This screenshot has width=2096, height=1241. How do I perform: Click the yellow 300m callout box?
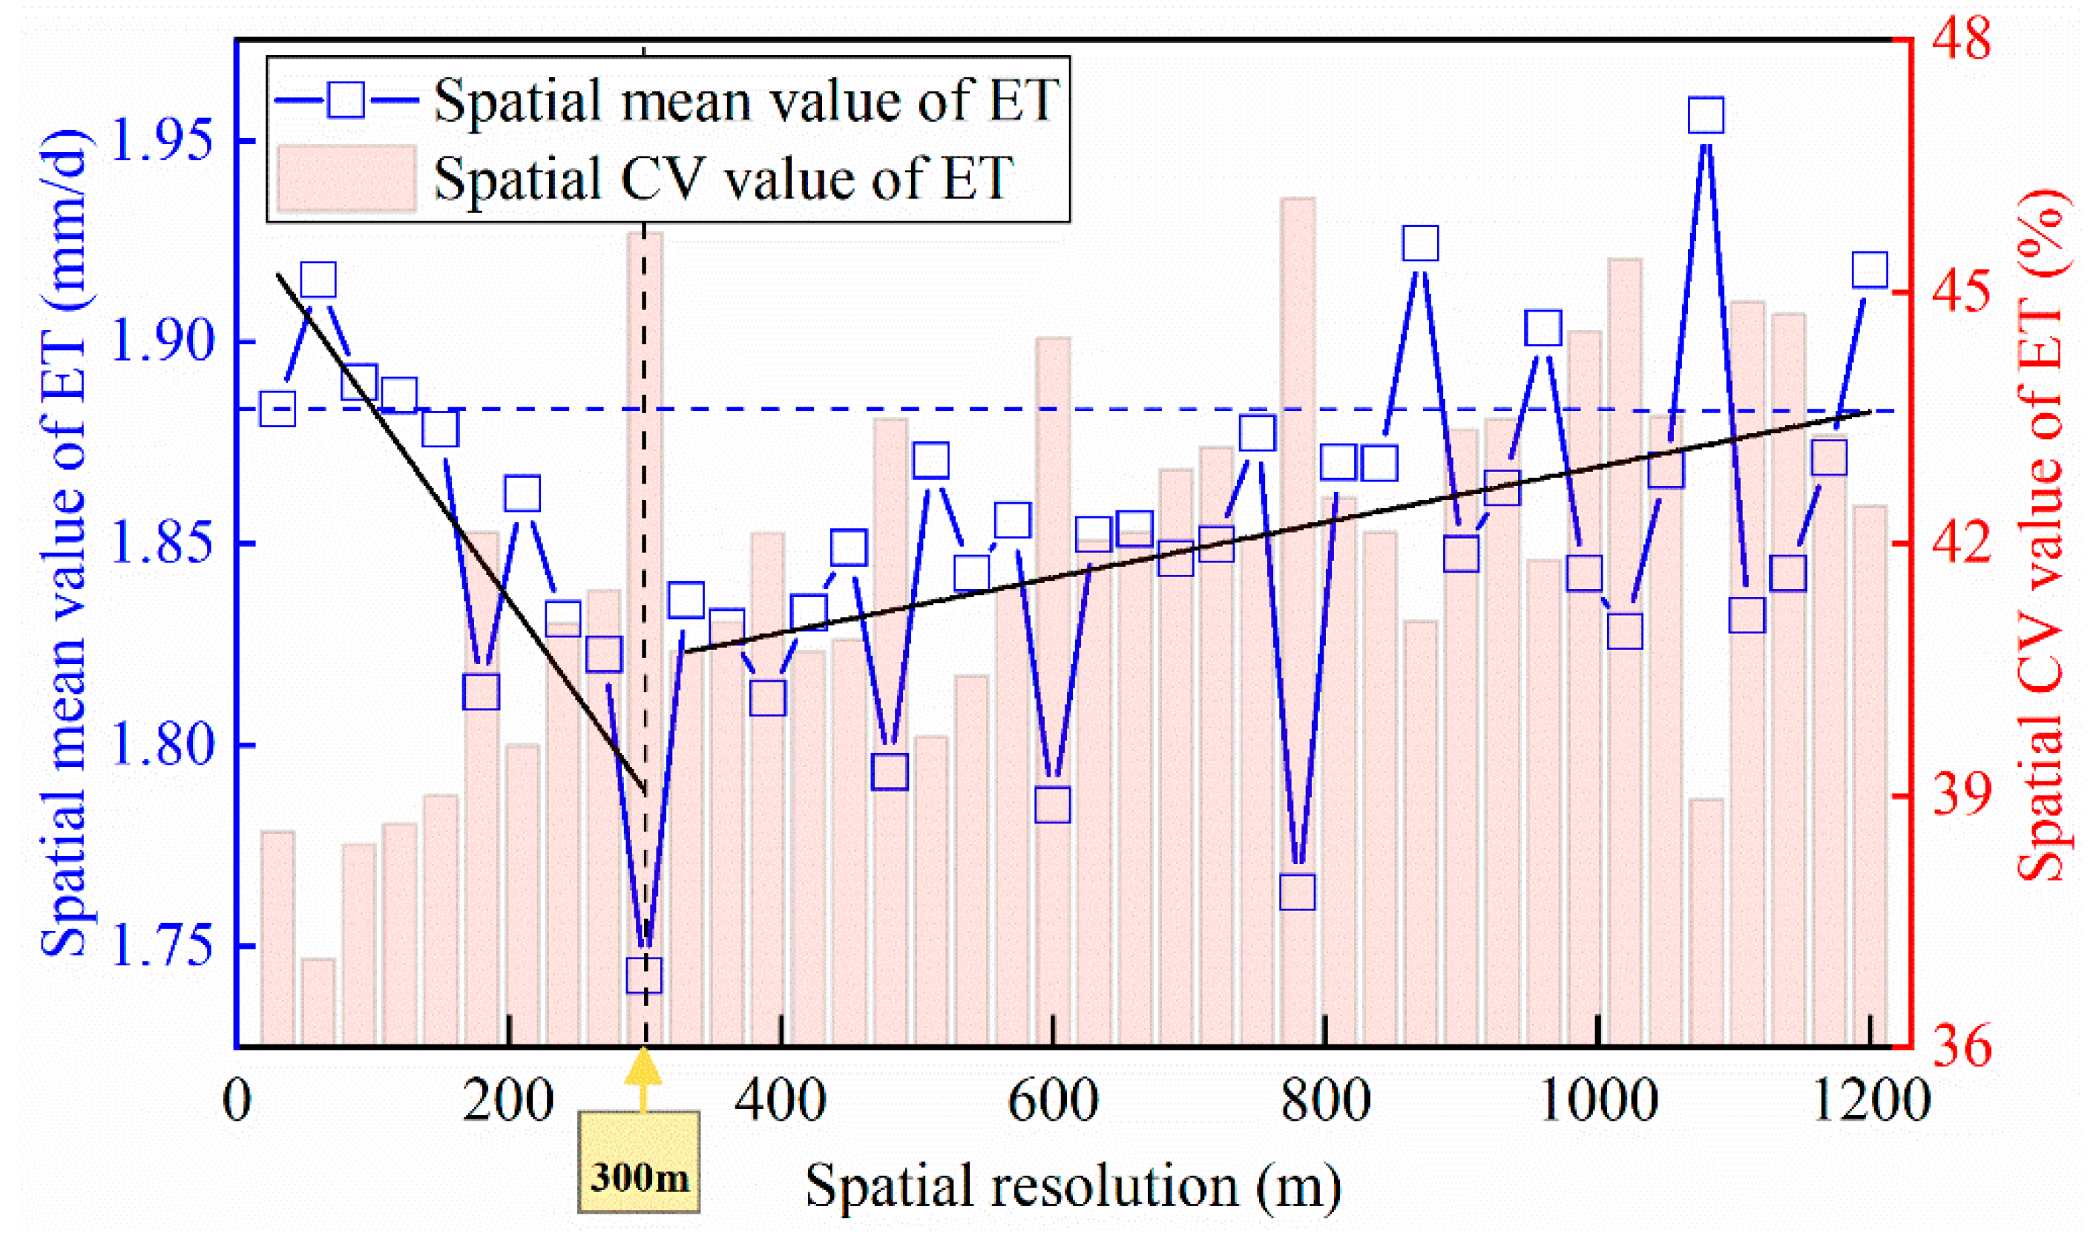point(639,1162)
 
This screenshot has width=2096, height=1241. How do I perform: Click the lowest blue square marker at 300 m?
point(644,975)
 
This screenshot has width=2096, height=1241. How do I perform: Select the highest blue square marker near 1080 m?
point(1706,116)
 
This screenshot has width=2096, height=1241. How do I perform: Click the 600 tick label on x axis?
point(1052,1102)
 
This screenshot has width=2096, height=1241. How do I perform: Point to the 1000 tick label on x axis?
point(1597,1102)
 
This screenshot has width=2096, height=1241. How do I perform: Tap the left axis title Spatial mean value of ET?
point(65,544)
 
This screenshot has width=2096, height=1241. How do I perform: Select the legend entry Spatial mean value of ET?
point(744,101)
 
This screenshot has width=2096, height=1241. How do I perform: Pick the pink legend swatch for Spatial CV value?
point(346,178)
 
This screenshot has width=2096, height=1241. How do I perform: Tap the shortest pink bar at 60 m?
point(318,1003)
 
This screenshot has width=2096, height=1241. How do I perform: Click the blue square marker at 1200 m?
point(1870,271)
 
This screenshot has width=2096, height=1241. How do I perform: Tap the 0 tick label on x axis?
point(237,1102)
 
